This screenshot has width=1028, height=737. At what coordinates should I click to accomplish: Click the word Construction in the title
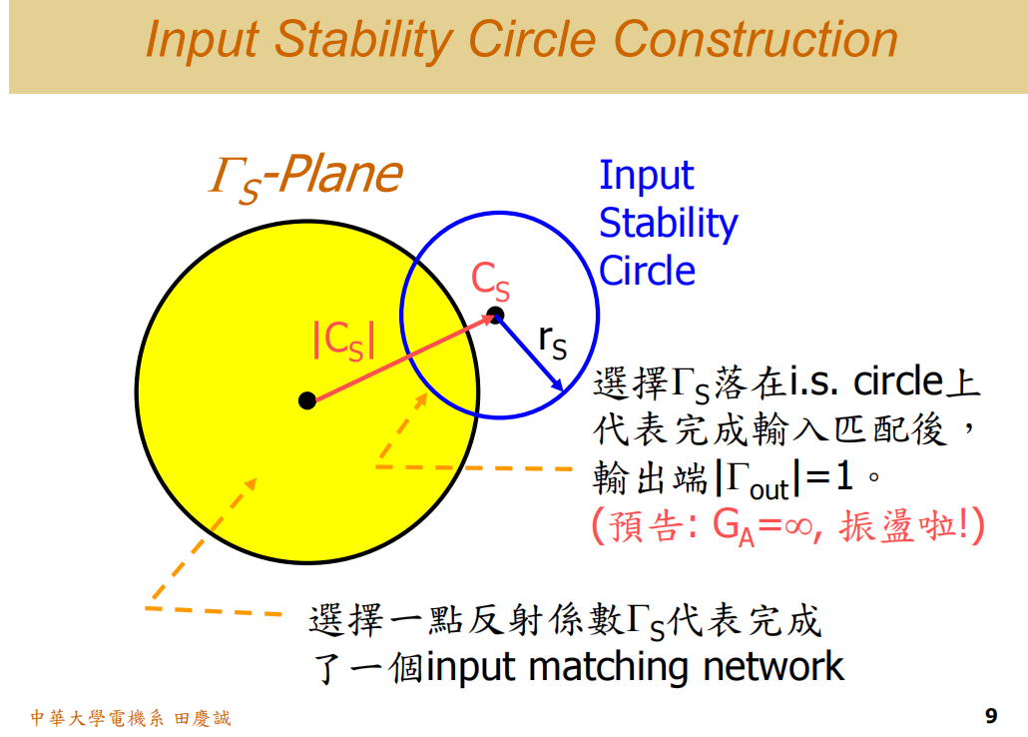click(x=756, y=40)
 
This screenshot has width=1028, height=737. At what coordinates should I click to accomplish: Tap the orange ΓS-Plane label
click(x=304, y=177)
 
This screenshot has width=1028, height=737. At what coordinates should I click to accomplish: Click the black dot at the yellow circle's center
click(x=307, y=400)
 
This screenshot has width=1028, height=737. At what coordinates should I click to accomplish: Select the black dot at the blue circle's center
click(x=496, y=316)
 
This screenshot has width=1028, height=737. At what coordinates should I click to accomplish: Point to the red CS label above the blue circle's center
click(x=490, y=282)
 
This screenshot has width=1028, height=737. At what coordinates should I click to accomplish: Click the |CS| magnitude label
click(x=344, y=341)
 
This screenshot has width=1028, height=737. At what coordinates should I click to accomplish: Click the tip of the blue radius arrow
click(x=561, y=388)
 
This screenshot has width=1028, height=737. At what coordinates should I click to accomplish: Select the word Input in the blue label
click(x=646, y=176)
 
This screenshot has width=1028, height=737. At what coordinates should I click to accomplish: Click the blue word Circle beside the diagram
click(x=647, y=271)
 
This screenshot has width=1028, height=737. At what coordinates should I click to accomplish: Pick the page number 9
click(x=990, y=715)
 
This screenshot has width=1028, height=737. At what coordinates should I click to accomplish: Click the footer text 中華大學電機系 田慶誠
click(x=131, y=717)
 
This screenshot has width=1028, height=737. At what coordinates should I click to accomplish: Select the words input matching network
click(x=636, y=666)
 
